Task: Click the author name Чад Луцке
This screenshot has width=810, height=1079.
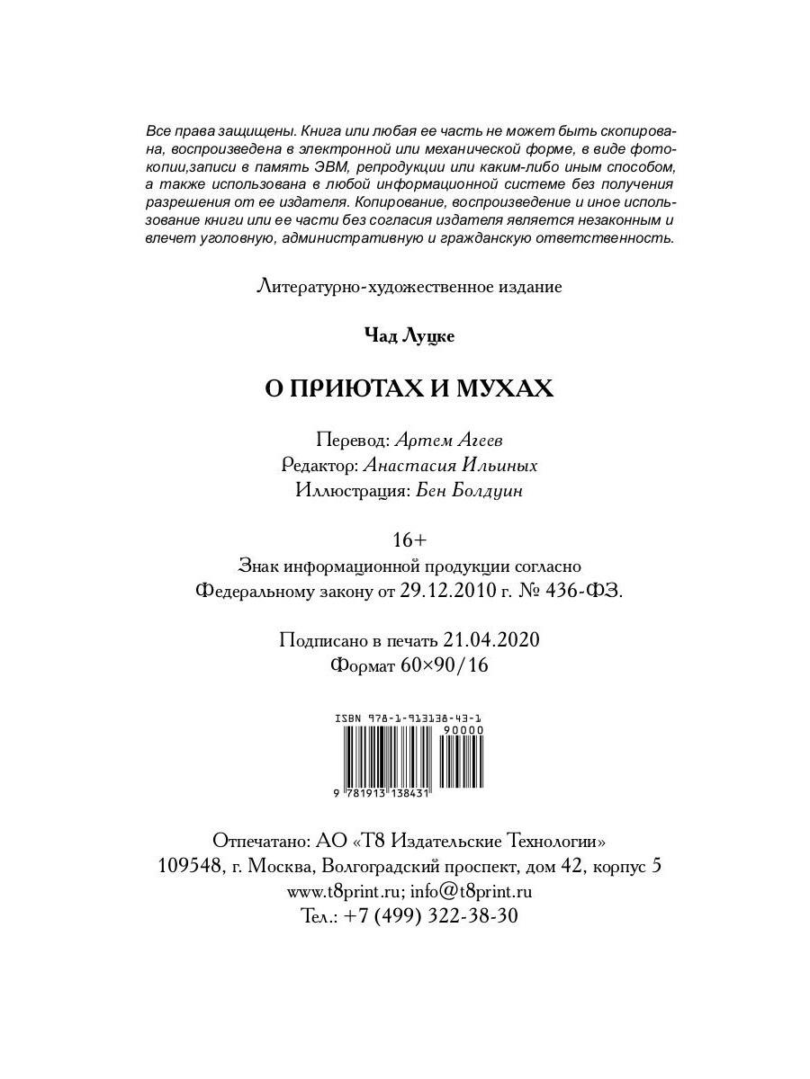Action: (x=409, y=335)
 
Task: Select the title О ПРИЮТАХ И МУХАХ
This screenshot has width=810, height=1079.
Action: (x=409, y=388)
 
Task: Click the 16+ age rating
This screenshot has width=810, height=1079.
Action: (x=409, y=540)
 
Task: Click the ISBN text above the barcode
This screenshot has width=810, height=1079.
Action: (x=408, y=718)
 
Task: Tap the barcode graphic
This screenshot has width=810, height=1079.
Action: (x=387, y=754)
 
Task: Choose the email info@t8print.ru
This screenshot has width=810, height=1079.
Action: (x=471, y=892)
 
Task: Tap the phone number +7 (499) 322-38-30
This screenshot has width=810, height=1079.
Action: (x=431, y=916)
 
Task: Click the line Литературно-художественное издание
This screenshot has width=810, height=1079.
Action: (x=409, y=287)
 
